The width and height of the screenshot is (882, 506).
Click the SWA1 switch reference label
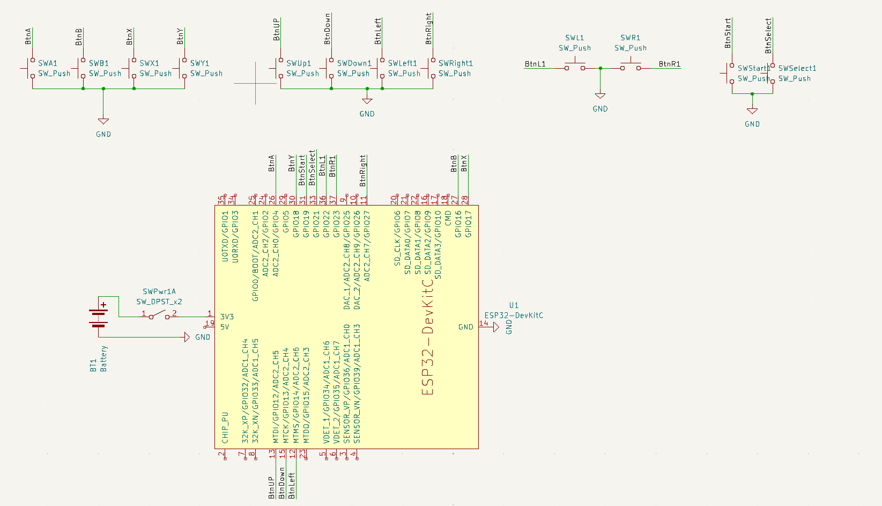tap(47, 63)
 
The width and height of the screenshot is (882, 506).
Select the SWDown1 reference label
tap(354, 63)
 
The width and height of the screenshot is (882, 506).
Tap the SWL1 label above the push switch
tap(574, 38)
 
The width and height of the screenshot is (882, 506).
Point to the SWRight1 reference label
tap(455, 63)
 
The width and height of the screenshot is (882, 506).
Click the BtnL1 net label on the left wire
tap(535, 64)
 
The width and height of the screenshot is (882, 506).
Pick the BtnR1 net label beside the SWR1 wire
tap(669, 64)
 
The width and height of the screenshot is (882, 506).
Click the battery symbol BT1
tap(99, 317)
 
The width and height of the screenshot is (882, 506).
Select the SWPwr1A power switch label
tap(159, 292)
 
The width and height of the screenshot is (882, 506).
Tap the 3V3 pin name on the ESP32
tap(227, 317)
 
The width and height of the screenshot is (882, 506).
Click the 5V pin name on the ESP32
tap(225, 327)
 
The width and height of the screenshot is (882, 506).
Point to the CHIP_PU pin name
tap(225, 428)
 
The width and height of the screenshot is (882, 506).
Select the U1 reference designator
tap(514, 305)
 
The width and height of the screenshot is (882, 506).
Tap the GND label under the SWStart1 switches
tap(752, 124)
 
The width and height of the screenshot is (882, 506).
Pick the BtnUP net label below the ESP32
tap(272, 487)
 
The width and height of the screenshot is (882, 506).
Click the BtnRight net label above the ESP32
tap(363, 171)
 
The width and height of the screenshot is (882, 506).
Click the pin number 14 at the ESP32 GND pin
tap(483, 323)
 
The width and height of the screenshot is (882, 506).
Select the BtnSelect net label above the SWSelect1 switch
tap(768, 36)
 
